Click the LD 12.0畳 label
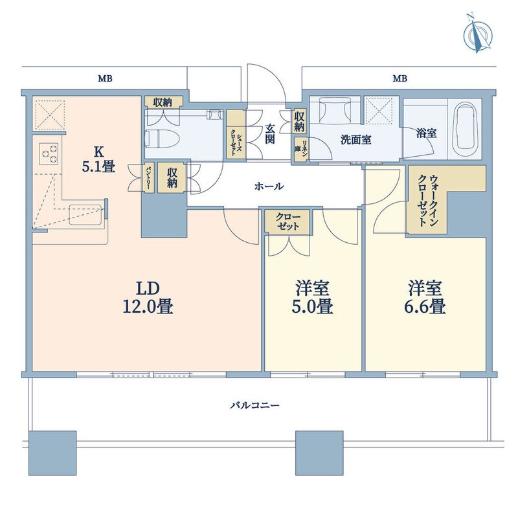[x=147, y=297]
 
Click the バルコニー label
[x=256, y=406]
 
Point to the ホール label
[x=269, y=186]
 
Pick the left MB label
[x=105, y=79]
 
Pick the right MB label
[x=400, y=79]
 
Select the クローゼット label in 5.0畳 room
[x=287, y=222]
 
